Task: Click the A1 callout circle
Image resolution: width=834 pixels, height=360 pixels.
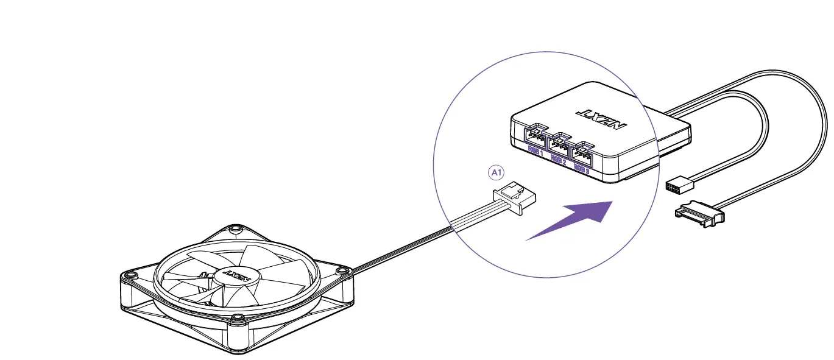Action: click(x=497, y=174)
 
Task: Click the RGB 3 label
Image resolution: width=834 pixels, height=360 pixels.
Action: click(x=582, y=171)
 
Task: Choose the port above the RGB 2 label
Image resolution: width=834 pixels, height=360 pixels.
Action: click(x=560, y=144)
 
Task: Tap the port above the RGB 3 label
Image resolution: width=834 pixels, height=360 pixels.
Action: click(x=583, y=153)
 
